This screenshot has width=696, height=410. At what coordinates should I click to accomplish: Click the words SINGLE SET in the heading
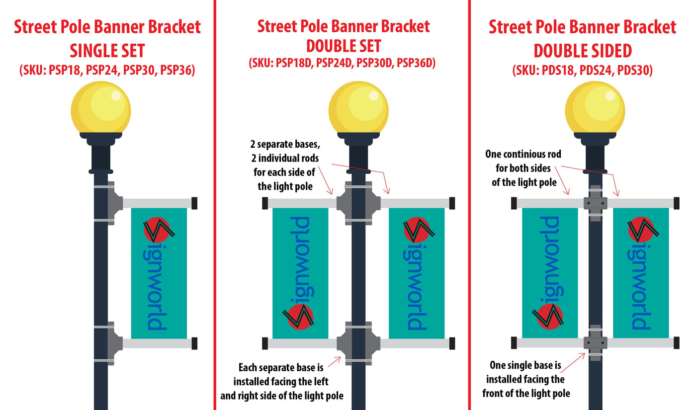pos(107,51)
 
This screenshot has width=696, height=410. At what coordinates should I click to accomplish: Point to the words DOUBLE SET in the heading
pos(344,46)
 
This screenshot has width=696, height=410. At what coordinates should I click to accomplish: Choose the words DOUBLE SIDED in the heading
pos(583,51)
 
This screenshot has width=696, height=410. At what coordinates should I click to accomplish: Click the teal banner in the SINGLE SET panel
pos(159,273)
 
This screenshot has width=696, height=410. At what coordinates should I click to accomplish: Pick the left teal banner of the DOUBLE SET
pos(300,273)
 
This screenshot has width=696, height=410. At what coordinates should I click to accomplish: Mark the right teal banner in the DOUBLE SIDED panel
pos(641,273)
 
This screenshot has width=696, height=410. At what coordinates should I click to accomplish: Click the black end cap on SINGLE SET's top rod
pos(194,203)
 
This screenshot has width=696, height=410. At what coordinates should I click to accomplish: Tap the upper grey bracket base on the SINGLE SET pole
pos(115,203)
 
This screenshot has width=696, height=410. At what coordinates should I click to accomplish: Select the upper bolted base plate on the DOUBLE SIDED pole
pos(596,203)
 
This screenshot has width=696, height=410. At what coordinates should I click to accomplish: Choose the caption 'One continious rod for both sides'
pos(523,168)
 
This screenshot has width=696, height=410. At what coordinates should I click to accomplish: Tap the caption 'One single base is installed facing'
pos(526,379)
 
